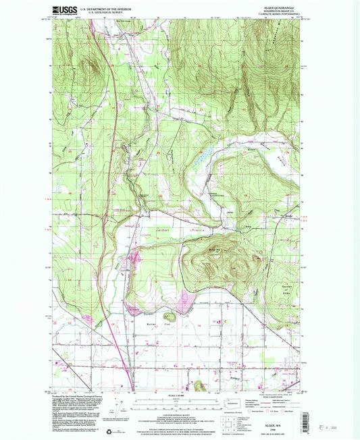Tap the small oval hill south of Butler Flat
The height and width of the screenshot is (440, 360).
[169, 315]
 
